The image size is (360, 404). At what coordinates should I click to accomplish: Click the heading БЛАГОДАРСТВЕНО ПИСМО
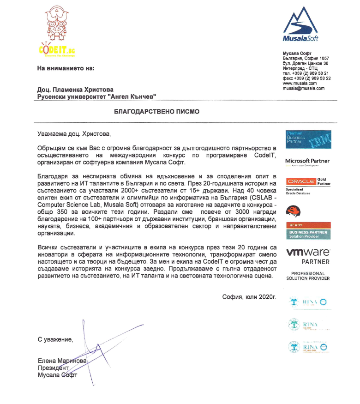pyautogui.click(x=157, y=112)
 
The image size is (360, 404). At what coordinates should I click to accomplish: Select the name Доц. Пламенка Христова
pyautogui.click(x=75, y=90)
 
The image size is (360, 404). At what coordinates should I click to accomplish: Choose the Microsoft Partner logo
pyautogui.click(x=307, y=162)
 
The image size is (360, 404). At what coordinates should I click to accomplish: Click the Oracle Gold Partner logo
pyautogui.click(x=307, y=181)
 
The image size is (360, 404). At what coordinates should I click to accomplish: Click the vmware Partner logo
pyautogui.click(x=308, y=256)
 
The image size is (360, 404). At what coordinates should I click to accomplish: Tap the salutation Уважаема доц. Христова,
pyautogui.click(x=74, y=134)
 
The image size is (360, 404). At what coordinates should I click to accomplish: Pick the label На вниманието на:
pyautogui.click(x=66, y=68)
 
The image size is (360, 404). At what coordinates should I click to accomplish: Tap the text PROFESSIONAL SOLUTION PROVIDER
pyautogui.click(x=308, y=276)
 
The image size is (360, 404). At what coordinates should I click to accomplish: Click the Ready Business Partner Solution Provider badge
pyautogui.click(x=307, y=231)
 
